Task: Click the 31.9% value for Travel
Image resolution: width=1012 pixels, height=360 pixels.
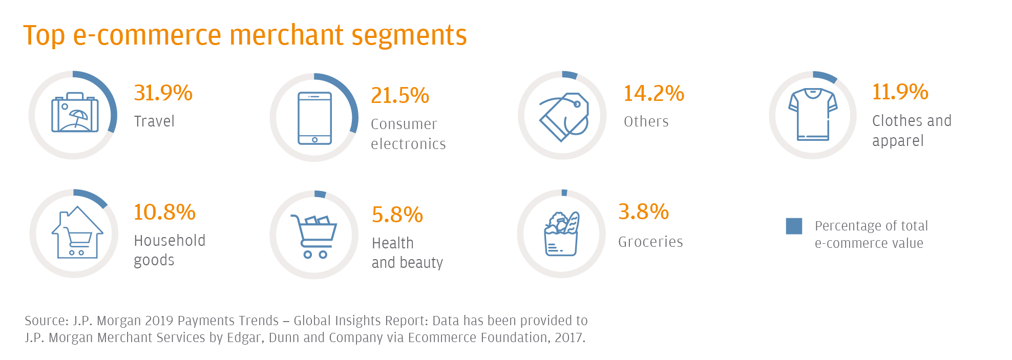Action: (x=163, y=93)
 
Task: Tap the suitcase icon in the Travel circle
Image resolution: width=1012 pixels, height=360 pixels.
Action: (x=75, y=112)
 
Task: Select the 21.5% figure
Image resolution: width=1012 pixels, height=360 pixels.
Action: (x=400, y=95)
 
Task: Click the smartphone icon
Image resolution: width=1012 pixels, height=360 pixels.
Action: (x=314, y=118)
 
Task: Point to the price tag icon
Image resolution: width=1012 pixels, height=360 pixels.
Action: (x=564, y=117)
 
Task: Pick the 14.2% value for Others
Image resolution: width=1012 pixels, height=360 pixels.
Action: (x=654, y=93)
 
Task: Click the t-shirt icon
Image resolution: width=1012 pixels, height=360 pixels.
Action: (x=813, y=114)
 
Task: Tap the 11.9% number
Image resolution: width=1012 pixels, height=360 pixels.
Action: (x=900, y=92)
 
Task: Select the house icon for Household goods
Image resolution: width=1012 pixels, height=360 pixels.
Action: (x=77, y=232)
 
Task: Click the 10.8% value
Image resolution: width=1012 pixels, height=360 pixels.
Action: (x=164, y=212)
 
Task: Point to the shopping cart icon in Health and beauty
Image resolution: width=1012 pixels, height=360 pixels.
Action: (x=313, y=236)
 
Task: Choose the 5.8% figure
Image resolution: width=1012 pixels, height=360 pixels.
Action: (x=397, y=215)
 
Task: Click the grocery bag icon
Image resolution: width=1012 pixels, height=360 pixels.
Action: (x=561, y=234)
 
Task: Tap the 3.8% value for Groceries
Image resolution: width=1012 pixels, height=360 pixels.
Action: (x=644, y=211)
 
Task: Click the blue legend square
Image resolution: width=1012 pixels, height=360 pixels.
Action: (x=794, y=226)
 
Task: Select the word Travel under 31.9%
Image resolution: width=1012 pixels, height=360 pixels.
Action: (x=154, y=121)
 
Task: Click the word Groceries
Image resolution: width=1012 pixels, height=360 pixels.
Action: (x=650, y=242)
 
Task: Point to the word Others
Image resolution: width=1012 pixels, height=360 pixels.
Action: (x=646, y=121)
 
